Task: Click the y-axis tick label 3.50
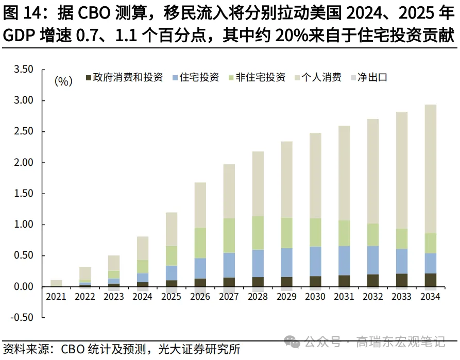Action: pos(23,70)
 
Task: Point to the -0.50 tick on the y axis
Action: pos(21,317)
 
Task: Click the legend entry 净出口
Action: pos(371,78)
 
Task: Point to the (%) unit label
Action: pos(63,81)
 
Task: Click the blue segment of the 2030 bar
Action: pos(315,261)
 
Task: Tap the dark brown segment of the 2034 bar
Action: pos(431,280)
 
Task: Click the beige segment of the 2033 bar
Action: pos(402,170)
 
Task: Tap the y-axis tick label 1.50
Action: pos(23,194)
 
